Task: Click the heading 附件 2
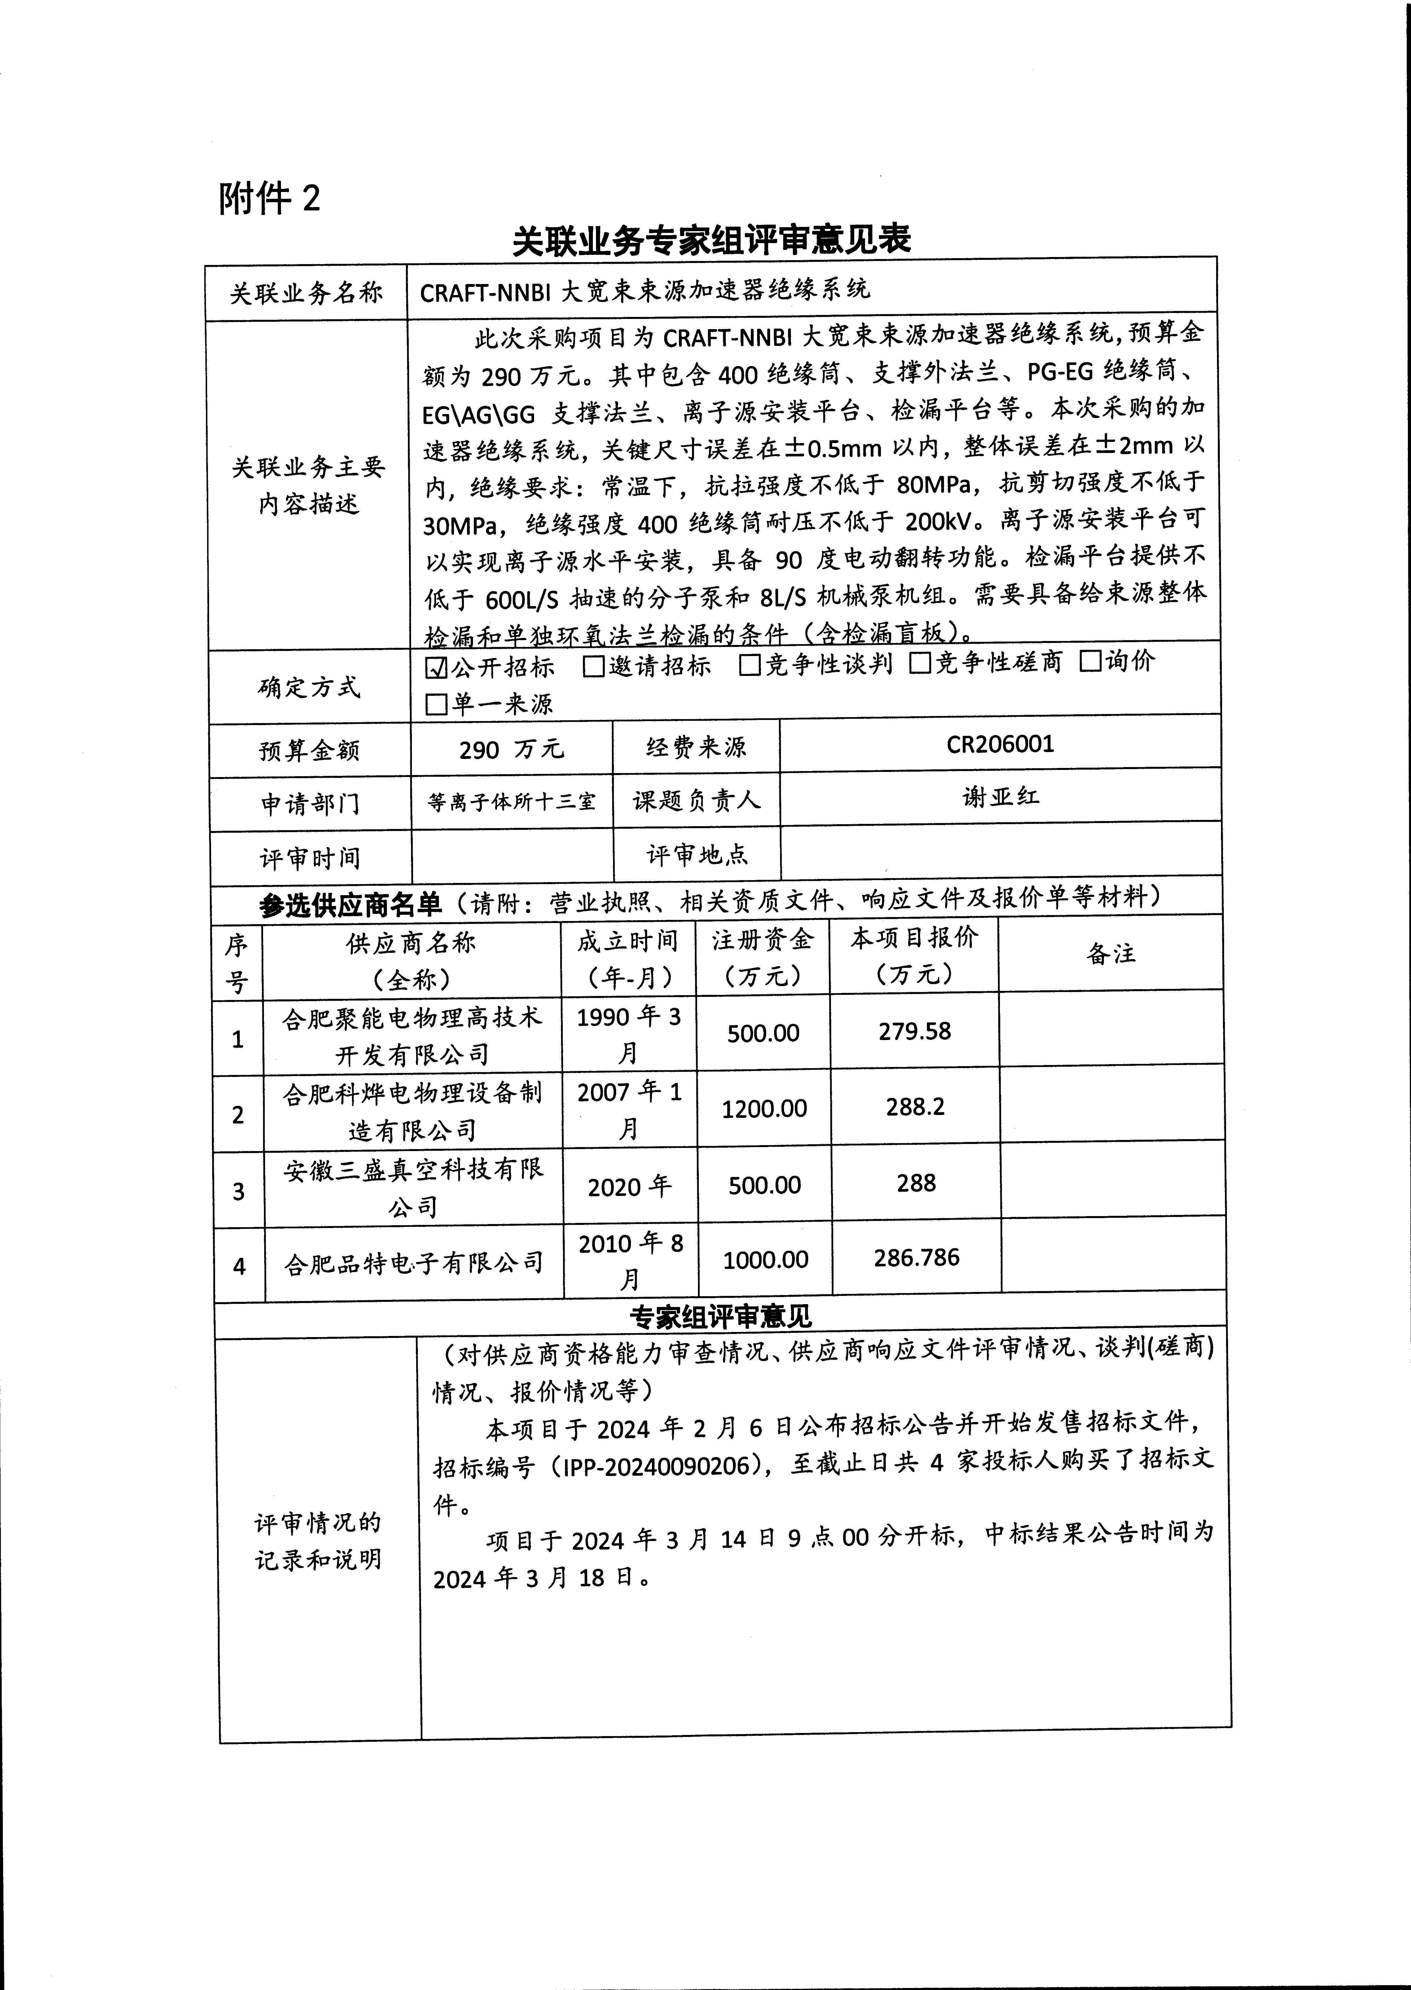269,199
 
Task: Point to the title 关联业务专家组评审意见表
711,241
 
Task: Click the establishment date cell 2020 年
629,1187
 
